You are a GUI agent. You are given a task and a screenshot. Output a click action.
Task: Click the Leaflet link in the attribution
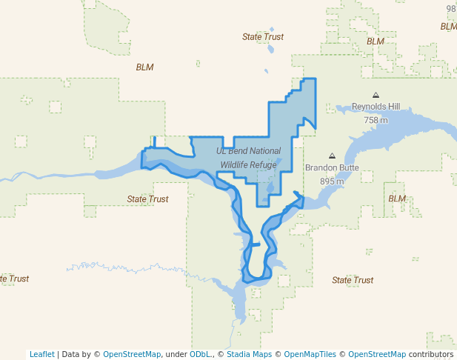[41, 354]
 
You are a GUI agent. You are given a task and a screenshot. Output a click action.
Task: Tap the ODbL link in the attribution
[199, 354]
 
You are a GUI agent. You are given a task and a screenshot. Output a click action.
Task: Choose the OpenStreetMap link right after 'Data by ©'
[132, 354]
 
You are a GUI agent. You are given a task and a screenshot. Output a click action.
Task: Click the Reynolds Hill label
[376, 107]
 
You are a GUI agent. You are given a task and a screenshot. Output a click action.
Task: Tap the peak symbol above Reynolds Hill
[376, 95]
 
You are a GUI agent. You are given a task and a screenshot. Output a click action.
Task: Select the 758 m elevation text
[376, 120]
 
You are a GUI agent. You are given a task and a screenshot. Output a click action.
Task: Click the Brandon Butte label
[332, 168]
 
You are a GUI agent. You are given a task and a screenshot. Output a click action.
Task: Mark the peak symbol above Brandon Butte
[332, 156]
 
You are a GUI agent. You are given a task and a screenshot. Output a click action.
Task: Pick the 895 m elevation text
[332, 181]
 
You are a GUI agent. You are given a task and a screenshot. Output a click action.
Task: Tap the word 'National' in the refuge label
[263, 151]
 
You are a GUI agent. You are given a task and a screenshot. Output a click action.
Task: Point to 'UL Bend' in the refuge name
[230, 151]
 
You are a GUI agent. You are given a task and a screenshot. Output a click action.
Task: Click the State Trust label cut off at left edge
[14, 279]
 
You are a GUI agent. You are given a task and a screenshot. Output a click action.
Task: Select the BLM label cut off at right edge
[448, 27]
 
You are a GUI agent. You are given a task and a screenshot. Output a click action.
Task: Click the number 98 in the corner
[451, 9]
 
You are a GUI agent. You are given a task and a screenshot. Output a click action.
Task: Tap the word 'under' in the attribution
[176, 354]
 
